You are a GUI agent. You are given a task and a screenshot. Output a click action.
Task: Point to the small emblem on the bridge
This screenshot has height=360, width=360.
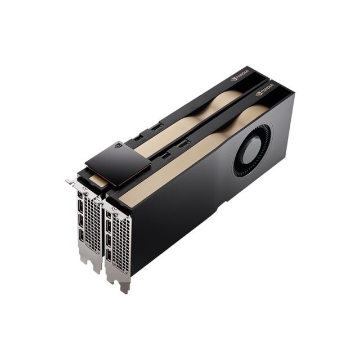tap(118, 145)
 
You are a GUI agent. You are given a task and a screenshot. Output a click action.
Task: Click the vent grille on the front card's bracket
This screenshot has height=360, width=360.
tap(121, 242)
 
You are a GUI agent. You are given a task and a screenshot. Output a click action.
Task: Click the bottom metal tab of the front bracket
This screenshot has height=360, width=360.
tap(124, 286)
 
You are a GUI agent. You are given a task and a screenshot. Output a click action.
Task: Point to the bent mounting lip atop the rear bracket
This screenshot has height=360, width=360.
tap(73, 183)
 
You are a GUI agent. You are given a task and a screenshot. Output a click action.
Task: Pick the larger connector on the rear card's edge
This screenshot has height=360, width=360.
tap(156, 127)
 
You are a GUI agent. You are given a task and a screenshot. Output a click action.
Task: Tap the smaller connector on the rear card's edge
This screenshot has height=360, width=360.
tap(138, 136)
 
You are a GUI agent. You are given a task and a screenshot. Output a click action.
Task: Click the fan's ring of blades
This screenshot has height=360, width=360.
tap(241, 163)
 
